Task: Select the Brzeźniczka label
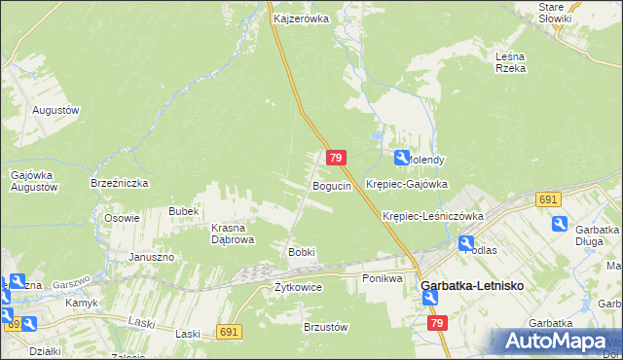pyautogui.click(x=119, y=182)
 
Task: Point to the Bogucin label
pyautogui.click(x=331, y=186)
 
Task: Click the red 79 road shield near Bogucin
pyautogui.click(x=336, y=158)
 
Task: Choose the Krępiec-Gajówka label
pyautogui.click(x=406, y=183)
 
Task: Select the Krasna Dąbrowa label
pyautogui.click(x=233, y=234)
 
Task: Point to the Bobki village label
pyautogui.click(x=301, y=252)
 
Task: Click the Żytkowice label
pyautogui.click(x=298, y=287)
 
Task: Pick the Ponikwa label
pyautogui.click(x=383, y=278)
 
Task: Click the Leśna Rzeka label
pyautogui.click(x=510, y=62)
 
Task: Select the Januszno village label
pyautogui.click(x=151, y=257)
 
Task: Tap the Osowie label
pyautogui.click(x=123, y=218)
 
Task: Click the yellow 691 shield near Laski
pyautogui.click(x=229, y=332)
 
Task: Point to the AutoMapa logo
pyautogui.click(x=556, y=342)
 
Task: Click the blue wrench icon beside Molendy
pyautogui.click(x=401, y=158)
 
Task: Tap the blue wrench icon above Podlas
pyautogui.click(x=466, y=243)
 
